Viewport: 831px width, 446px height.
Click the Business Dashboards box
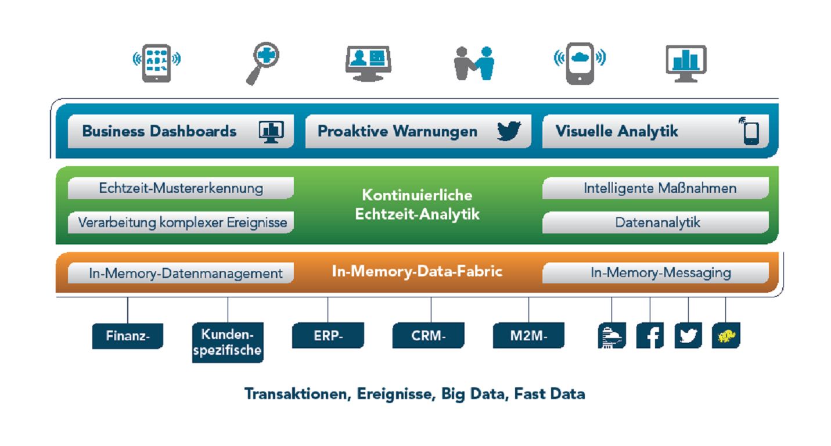[x=181, y=131]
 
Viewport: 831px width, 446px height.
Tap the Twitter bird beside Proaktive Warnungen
[x=509, y=131]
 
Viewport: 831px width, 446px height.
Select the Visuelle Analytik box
[x=655, y=131]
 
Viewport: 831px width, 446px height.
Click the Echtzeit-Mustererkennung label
[x=181, y=188]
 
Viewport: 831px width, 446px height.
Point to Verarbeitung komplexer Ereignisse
[x=181, y=222]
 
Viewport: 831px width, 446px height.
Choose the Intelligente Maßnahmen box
[x=655, y=188]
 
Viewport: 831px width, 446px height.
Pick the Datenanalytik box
[x=655, y=222]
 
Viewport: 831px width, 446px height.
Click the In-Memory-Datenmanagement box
[x=181, y=273]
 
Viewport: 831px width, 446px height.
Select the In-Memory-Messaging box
[x=655, y=273]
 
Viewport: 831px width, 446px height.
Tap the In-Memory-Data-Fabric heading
[x=417, y=271]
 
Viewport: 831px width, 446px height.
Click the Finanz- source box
[x=128, y=336]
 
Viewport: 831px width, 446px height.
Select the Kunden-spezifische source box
[x=228, y=343]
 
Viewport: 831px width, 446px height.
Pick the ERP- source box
[x=328, y=336]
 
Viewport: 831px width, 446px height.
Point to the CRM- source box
[x=429, y=336]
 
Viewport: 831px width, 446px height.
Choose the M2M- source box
[x=528, y=336]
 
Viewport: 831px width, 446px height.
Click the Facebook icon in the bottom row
[x=650, y=336]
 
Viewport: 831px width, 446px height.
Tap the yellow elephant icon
[x=726, y=336]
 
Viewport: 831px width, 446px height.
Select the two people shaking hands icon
[x=474, y=63]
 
